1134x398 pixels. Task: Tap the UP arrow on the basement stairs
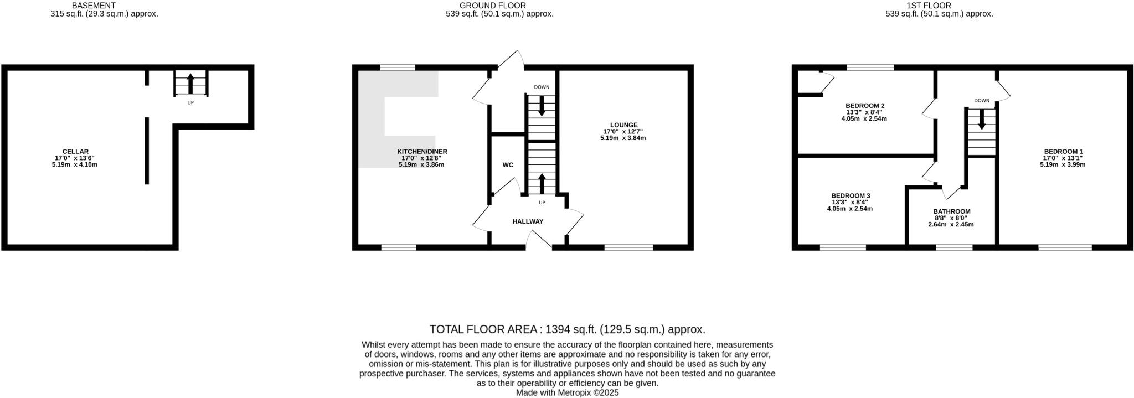pos(190,84)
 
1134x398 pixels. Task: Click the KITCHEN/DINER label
pos(422,151)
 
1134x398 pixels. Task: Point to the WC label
pos(508,165)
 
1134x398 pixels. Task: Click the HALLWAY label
pos(528,221)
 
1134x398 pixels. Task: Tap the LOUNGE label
pos(623,125)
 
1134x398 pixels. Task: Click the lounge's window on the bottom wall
pos(628,247)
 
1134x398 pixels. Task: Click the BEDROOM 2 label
pos(865,105)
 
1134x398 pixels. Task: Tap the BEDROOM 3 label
pos(850,195)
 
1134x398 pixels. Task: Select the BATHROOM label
pos(952,211)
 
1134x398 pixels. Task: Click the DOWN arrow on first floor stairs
pos(982,120)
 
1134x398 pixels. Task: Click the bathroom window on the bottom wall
pos(954,247)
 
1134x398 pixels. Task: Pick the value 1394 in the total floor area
pos(558,330)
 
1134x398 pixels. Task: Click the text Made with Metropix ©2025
pos(567,392)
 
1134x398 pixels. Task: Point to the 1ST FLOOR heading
pos(936,6)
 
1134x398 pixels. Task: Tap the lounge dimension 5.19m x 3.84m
pos(623,138)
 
